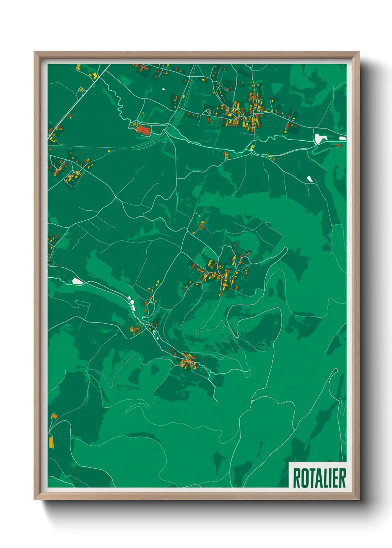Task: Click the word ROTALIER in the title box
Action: [x=319, y=478]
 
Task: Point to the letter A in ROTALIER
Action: [x=318, y=478]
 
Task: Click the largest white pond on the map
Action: [x=319, y=138]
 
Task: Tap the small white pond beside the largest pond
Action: [x=342, y=138]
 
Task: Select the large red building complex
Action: [x=143, y=130]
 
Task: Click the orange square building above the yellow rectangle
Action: [x=54, y=417]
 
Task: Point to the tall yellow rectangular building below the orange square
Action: [x=51, y=442]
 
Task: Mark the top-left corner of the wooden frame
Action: [x=35, y=53]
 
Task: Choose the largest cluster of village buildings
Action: [x=243, y=113]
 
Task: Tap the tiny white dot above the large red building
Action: [x=163, y=89]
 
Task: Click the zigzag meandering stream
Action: [x=119, y=100]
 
